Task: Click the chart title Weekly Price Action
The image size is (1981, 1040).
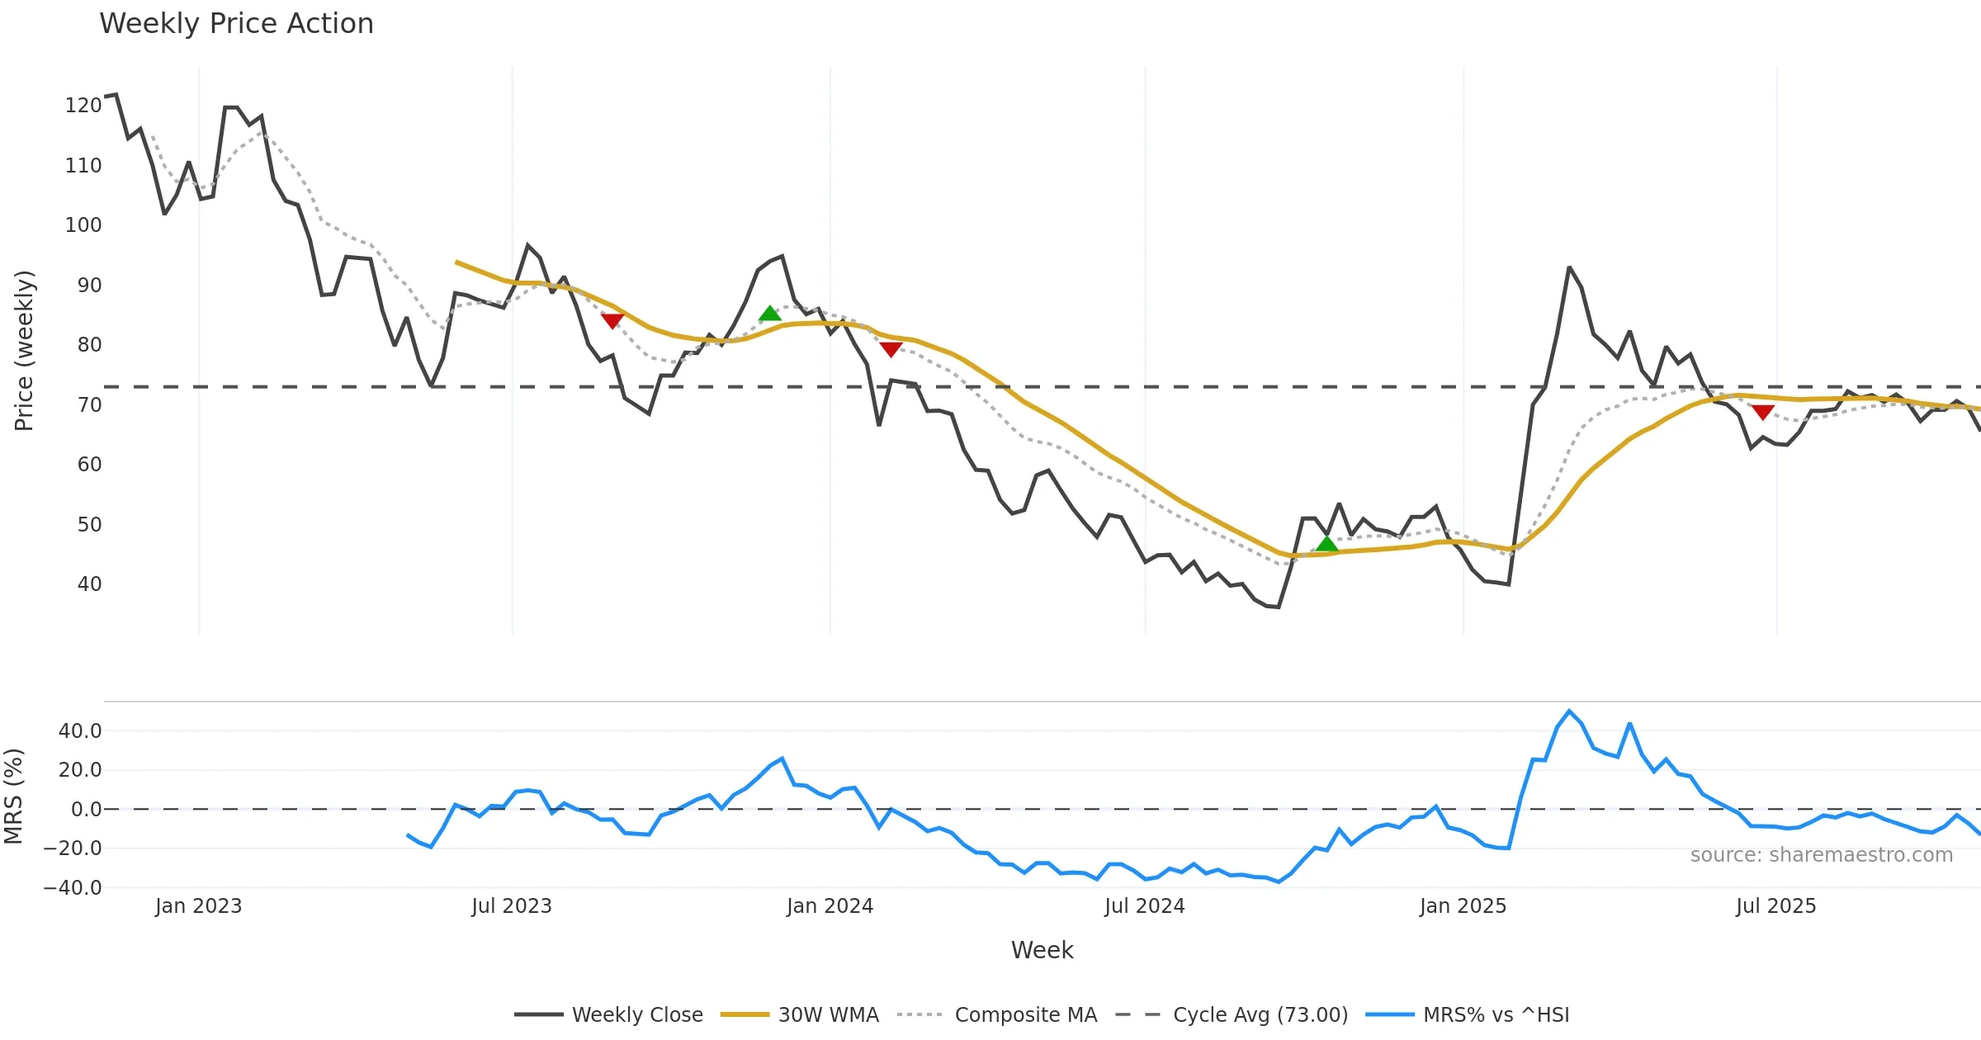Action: [236, 24]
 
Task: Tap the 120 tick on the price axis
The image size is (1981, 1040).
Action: [83, 106]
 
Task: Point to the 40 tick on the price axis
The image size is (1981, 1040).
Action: [89, 584]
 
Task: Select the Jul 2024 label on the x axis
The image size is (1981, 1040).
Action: [1144, 906]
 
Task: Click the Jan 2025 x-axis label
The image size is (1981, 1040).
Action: [1463, 906]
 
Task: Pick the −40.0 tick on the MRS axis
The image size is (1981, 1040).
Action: [73, 888]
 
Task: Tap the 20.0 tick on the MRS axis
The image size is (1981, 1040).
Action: [80, 770]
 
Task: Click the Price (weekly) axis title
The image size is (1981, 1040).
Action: [24, 351]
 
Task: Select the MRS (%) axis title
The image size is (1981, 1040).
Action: [13, 796]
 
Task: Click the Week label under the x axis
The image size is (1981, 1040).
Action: [1042, 951]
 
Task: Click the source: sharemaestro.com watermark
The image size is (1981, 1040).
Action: [1821, 855]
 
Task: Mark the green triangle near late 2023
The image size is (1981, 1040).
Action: [769, 314]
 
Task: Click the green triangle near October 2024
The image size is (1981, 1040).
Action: [1326, 544]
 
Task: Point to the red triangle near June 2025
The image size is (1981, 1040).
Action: [1762, 412]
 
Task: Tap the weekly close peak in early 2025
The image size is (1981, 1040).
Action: [1569, 267]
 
